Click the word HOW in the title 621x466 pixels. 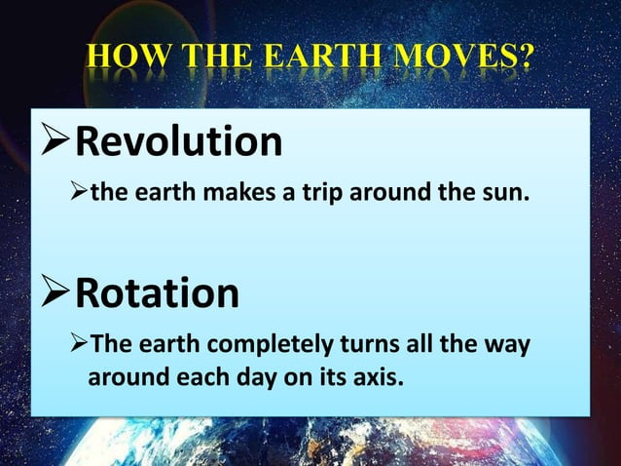pyautogui.click(x=122, y=60)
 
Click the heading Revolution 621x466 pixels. pyautogui.click(x=178, y=142)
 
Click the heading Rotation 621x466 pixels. pyautogui.click(x=157, y=292)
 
